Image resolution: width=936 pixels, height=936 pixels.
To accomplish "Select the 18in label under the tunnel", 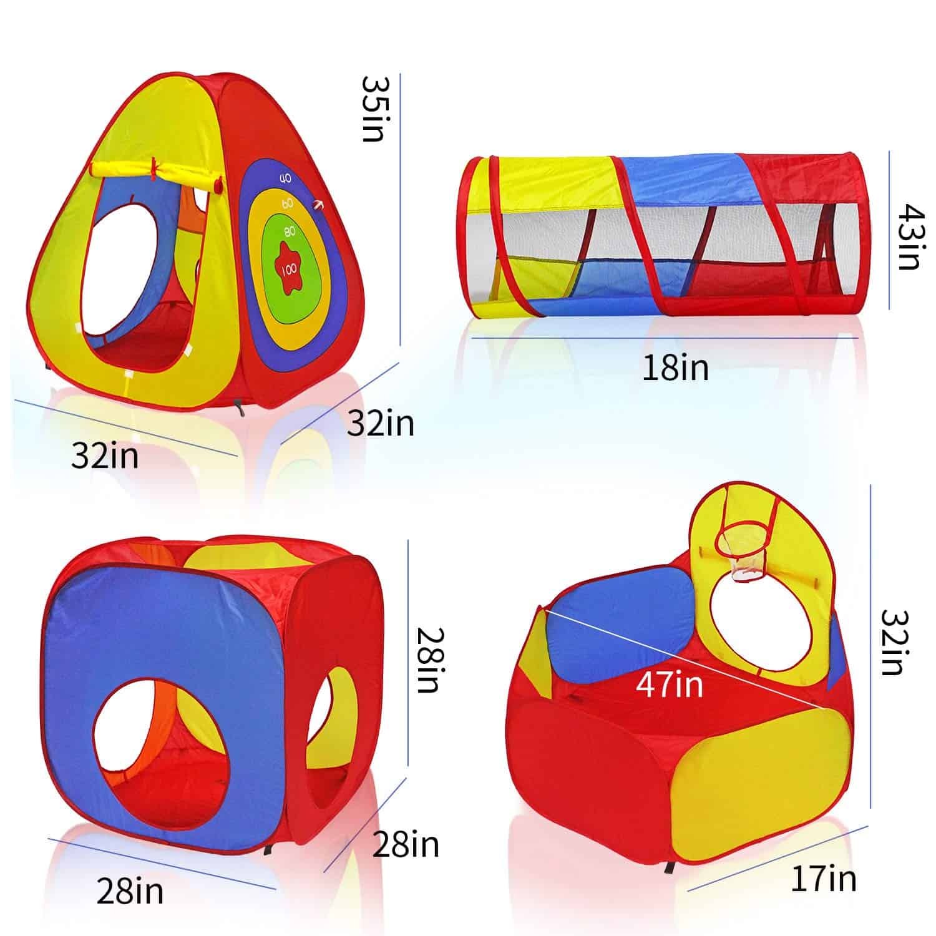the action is tap(675, 368).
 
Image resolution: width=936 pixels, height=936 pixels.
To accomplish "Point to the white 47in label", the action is tap(670, 684).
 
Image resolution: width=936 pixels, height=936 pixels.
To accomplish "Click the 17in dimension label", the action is tap(824, 879).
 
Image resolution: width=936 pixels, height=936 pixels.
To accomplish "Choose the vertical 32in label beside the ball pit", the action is tap(892, 642).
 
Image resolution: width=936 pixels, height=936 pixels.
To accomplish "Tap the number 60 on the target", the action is tap(288, 203).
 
